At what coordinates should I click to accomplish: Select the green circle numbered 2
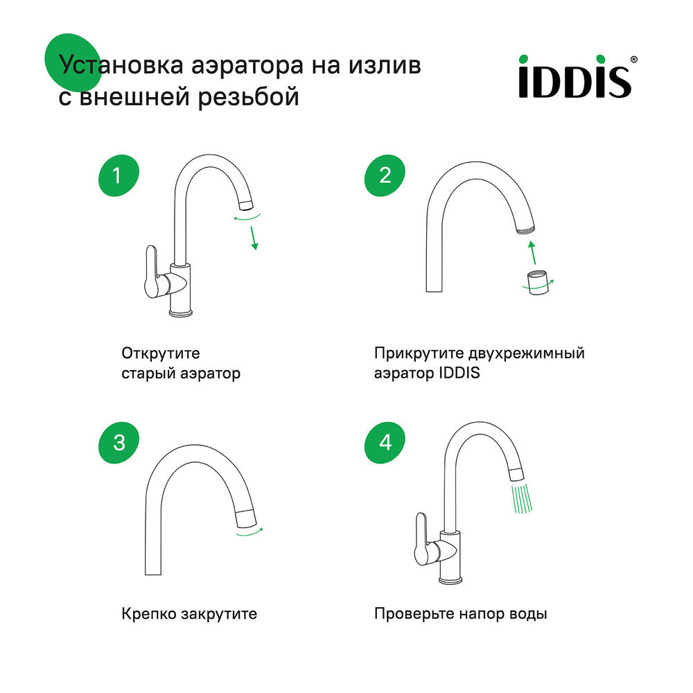[385, 176]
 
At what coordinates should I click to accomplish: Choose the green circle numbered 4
[385, 442]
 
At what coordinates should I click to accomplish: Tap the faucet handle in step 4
[420, 538]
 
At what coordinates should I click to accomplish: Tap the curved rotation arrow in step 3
[249, 532]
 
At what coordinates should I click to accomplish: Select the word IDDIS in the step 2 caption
[459, 374]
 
